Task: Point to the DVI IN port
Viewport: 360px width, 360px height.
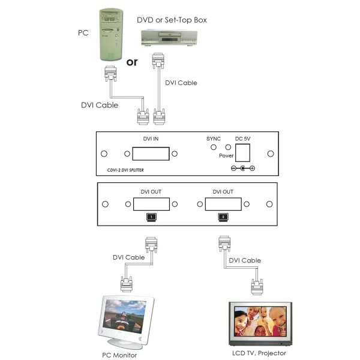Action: pos(150,154)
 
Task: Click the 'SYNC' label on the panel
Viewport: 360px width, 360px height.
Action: pos(214,139)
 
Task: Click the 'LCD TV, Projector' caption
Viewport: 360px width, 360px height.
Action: pos(259,353)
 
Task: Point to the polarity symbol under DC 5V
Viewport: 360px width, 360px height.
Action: pos(243,168)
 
